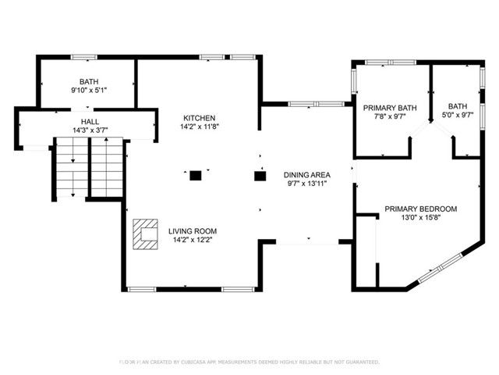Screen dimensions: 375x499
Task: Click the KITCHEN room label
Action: click(193, 117)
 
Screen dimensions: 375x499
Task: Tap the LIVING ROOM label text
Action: click(193, 231)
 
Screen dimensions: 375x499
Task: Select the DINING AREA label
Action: click(307, 175)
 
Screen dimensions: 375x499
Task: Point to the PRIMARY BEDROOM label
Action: click(420, 209)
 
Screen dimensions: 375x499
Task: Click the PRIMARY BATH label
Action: click(390, 108)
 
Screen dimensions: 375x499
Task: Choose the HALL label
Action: click(90, 122)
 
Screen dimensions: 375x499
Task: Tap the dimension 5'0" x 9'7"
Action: click(457, 116)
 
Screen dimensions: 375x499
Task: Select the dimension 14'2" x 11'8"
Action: click(193, 126)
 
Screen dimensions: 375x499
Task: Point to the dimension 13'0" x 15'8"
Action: click(420, 218)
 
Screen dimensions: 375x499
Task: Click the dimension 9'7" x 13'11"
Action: click(307, 184)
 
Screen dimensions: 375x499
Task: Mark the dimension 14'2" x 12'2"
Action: click(193, 240)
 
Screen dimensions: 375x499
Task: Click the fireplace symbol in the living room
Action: click(145, 233)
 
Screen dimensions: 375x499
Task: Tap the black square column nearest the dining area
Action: click(260, 176)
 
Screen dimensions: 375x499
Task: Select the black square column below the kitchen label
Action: click(196, 176)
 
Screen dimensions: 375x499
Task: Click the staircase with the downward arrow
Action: click(70, 168)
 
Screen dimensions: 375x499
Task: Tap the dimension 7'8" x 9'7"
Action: click(390, 116)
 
